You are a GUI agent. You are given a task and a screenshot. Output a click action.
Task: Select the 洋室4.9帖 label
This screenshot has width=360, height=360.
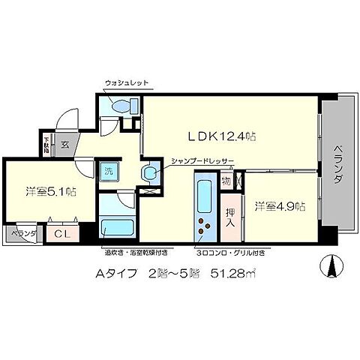(x=278, y=205)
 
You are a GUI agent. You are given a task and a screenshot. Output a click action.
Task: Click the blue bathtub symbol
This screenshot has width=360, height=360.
(x=116, y=226)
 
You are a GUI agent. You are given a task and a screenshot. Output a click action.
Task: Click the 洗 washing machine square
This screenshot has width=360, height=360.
(x=109, y=170)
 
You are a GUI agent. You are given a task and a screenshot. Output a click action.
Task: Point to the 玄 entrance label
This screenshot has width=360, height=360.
(x=65, y=145)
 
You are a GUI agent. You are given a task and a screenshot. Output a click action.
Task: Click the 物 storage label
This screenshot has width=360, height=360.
(x=226, y=181)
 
